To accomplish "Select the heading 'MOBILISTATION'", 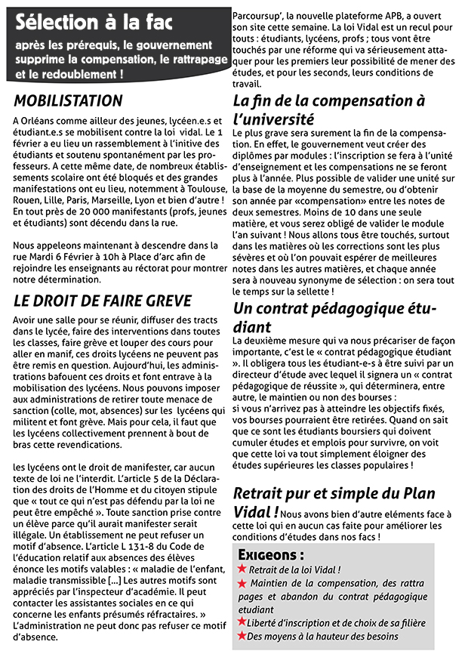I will click(68, 101).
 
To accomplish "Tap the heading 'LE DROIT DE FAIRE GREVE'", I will click(103, 301).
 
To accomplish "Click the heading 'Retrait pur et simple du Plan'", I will click(334, 494).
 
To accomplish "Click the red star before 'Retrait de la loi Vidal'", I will click(242, 569).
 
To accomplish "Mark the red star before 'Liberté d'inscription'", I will click(242, 622).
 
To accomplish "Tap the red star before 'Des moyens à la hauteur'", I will click(242, 636).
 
